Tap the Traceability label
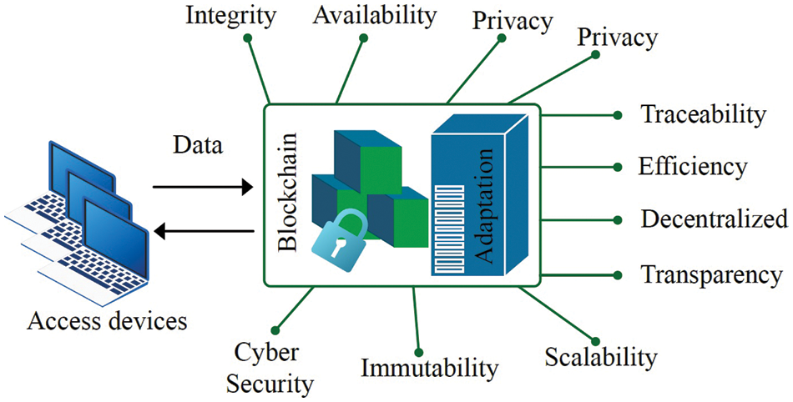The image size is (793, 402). click(703, 114)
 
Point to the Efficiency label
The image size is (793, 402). click(693, 166)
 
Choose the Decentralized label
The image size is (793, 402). click(715, 219)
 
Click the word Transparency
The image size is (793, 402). click(711, 274)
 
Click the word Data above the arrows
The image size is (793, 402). click(198, 146)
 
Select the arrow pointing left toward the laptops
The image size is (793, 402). click(209, 229)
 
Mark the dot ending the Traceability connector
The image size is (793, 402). click(617, 115)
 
